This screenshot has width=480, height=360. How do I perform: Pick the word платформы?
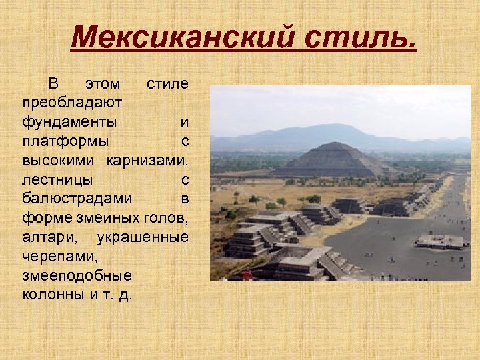tap(66, 141)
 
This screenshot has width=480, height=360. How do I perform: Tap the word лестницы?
tap(57, 179)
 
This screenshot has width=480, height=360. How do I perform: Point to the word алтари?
tap(47, 237)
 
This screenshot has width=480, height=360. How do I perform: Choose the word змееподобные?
tap(76, 275)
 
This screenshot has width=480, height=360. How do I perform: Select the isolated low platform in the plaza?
tap(440, 241)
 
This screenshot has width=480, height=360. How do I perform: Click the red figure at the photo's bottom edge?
tap(247, 275)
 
